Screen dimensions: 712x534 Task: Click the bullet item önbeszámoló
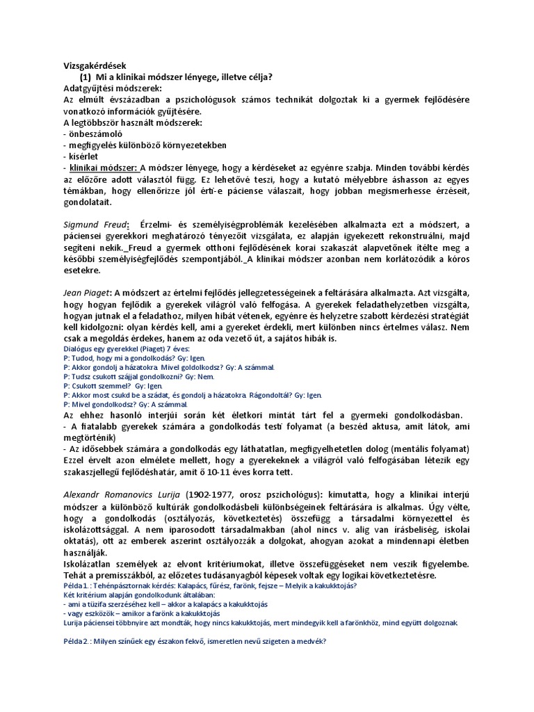(92, 133)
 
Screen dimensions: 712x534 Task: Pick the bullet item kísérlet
(80, 156)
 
